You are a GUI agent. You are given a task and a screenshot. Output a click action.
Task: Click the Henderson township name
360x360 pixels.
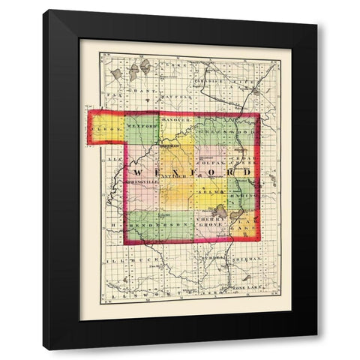pyautogui.click(x=148, y=223)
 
